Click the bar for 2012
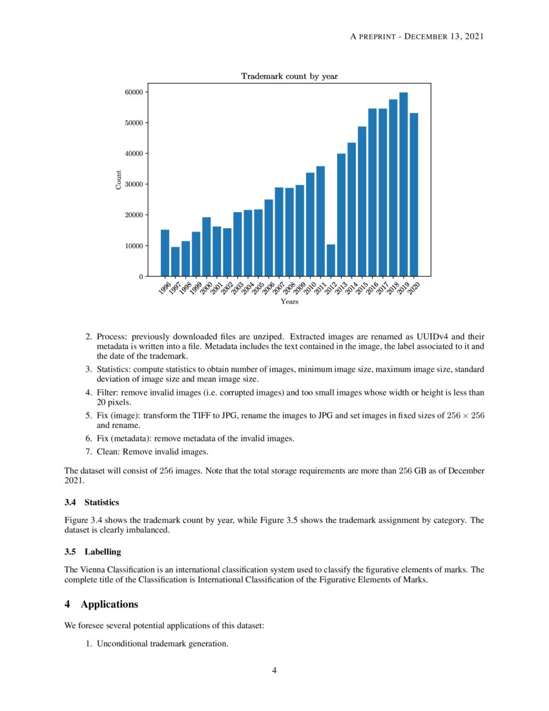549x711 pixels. [331, 260]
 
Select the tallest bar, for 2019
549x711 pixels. [404, 184]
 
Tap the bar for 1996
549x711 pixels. [165, 253]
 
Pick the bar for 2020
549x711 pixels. [414, 195]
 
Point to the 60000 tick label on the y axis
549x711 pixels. [133, 92]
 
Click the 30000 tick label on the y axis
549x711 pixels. [133, 184]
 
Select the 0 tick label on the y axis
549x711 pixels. [141, 277]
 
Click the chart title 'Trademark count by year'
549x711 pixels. [289, 76]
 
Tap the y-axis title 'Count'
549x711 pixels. [118, 180]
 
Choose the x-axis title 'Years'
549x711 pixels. [289, 301]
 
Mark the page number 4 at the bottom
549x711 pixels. [274, 670]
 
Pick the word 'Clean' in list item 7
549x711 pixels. [108, 451]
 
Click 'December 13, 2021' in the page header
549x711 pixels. [446, 36]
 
